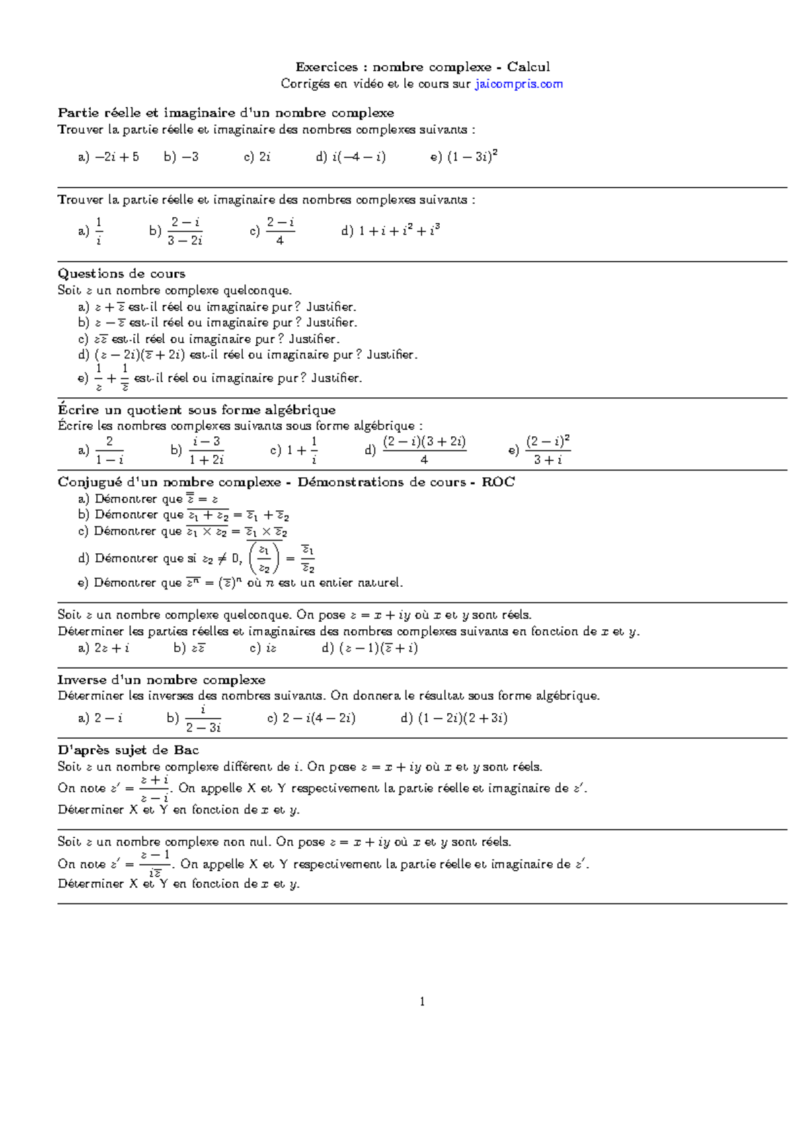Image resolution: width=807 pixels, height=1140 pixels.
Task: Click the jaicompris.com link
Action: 518,84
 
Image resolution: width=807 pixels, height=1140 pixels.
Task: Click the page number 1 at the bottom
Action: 422,1002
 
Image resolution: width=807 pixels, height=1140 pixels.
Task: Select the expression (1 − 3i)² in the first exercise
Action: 472,157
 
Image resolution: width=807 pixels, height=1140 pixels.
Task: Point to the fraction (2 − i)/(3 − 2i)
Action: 185,231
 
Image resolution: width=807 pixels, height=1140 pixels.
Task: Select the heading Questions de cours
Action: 121,274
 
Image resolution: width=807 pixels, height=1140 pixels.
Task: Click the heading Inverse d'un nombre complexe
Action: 161,680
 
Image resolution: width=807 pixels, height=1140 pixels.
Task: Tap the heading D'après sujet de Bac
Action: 128,750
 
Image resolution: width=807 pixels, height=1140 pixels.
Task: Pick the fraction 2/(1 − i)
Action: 109,450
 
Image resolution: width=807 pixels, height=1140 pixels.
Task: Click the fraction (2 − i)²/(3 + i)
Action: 547,450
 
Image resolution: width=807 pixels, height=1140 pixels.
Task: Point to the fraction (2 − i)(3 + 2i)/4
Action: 424,450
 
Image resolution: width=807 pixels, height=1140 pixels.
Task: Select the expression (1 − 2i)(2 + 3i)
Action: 463,718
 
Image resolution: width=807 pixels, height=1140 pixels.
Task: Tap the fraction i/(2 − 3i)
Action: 203,719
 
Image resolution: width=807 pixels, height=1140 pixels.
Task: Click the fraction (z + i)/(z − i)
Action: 155,788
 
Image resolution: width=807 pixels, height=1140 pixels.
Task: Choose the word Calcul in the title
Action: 529,67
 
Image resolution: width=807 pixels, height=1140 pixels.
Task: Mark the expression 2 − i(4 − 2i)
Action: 319,718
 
